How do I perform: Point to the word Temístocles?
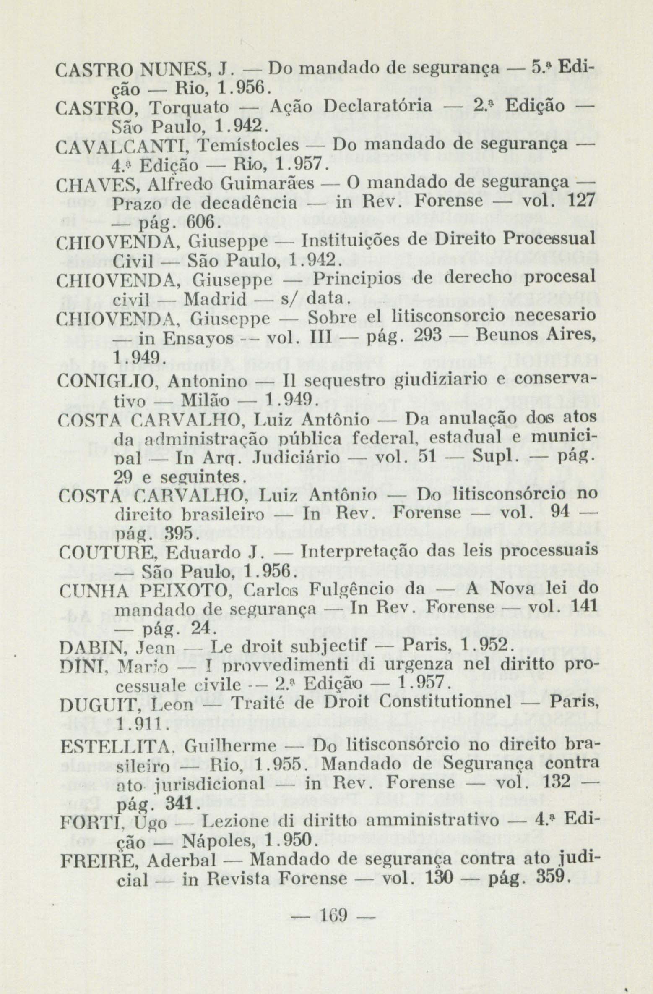point(248,145)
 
